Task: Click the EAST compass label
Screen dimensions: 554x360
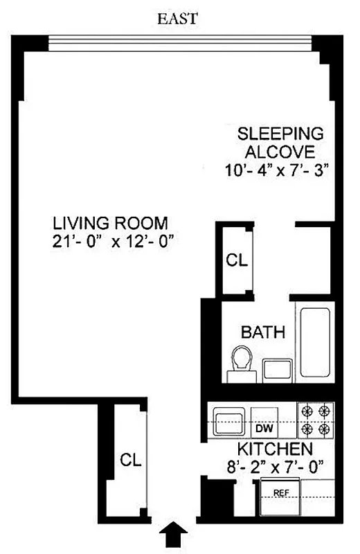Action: tap(179, 19)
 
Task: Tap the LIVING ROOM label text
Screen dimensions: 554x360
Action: tap(110, 223)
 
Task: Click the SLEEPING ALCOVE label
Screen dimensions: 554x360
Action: tap(280, 142)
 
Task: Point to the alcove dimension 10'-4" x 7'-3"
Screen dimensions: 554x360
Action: tap(280, 170)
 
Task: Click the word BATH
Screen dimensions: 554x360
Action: tap(262, 332)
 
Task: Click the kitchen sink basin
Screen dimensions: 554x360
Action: tap(227, 420)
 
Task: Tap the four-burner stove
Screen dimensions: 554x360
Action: tap(316, 420)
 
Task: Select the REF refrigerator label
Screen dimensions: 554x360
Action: tap(280, 494)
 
